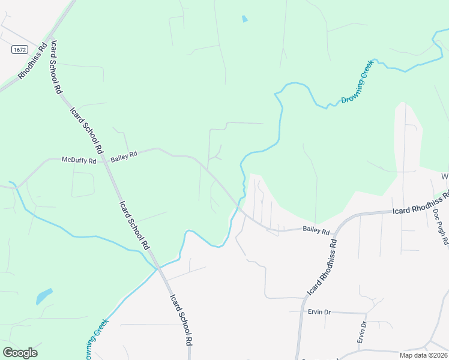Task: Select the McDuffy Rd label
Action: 79,160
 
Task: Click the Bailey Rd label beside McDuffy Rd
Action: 124,154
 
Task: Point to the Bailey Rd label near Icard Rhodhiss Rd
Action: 316,230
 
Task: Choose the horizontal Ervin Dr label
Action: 318,312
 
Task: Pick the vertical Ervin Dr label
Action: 362,332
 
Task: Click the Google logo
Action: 20,353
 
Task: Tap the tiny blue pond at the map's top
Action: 244,19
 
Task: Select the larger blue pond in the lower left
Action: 44,296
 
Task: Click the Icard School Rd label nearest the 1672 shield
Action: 57,67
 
